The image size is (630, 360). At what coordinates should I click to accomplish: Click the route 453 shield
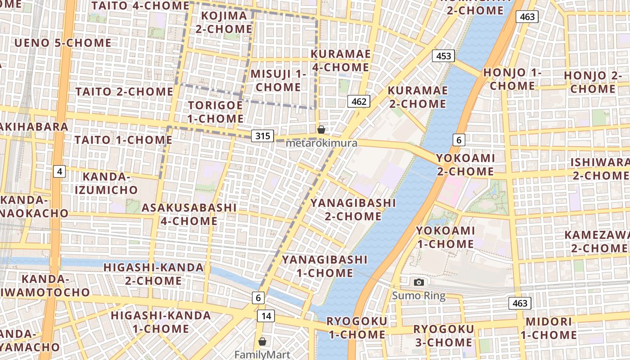pyautogui.click(x=443, y=56)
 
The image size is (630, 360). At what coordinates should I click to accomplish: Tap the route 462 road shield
pyautogui.click(x=359, y=101)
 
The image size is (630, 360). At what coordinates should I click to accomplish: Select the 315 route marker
pyautogui.click(x=262, y=135)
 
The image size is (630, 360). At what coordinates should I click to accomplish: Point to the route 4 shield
pyautogui.click(x=59, y=171)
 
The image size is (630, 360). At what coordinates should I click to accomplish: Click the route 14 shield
pyautogui.click(x=266, y=316)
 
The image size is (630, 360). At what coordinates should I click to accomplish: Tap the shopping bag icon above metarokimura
pyautogui.click(x=321, y=130)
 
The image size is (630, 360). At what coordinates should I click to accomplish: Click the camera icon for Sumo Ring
pyautogui.click(x=419, y=282)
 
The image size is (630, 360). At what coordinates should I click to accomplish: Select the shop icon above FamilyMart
pyautogui.click(x=262, y=342)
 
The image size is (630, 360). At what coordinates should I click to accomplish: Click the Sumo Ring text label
pyautogui.click(x=418, y=296)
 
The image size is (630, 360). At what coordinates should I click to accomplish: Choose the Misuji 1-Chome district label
pyautogui.click(x=278, y=81)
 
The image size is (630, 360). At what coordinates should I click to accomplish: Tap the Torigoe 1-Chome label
pyautogui.click(x=215, y=112)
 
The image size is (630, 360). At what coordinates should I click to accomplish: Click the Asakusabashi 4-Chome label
pyautogui.click(x=189, y=214)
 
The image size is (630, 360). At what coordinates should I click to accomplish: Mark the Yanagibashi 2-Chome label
pyautogui.click(x=353, y=210)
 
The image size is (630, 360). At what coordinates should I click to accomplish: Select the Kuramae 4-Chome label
pyautogui.click(x=341, y=61)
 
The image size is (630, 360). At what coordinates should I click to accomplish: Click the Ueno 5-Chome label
pyautogui.click(x=63, y=43)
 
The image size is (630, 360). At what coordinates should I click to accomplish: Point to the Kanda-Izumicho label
pyautogui.click(x=106, y=183)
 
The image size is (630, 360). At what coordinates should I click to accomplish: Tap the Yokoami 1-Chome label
pyautogui.click(x=445, y=237)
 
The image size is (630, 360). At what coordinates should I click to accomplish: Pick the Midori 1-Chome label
pyautogui.click(x=549, y=328)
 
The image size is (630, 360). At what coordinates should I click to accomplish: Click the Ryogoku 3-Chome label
pyautogui.click(x=443, y=336)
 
